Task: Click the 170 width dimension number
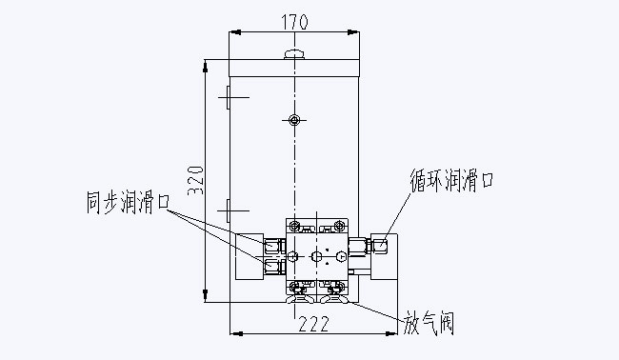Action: pos(294,22)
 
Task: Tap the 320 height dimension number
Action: pos(196,180)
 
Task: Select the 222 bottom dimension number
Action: pos(314,324)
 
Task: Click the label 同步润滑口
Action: pos(128,202)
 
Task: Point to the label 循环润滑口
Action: pos(451,180)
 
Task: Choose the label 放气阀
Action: pos(429,323)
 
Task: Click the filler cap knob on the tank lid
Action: pos(294,53)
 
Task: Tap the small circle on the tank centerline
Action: pos(294,120)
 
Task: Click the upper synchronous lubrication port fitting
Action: pos(274,246)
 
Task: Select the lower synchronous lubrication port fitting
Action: pos(274,267)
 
